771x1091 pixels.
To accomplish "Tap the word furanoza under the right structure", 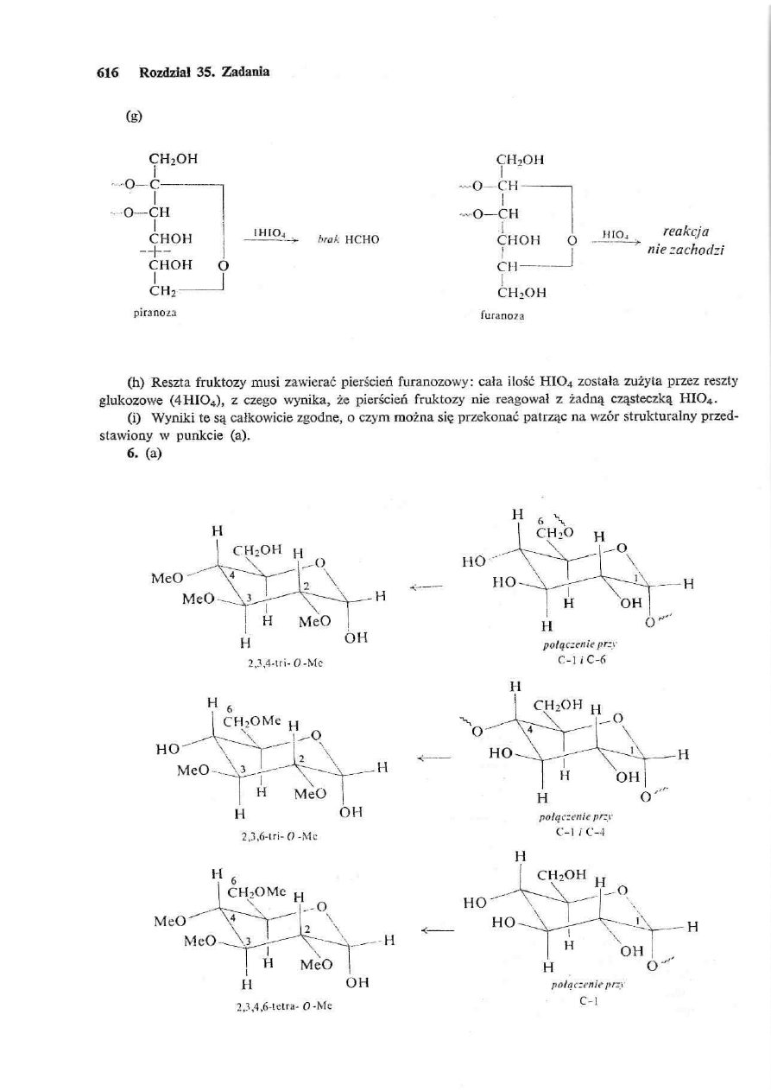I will coord(518,317).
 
